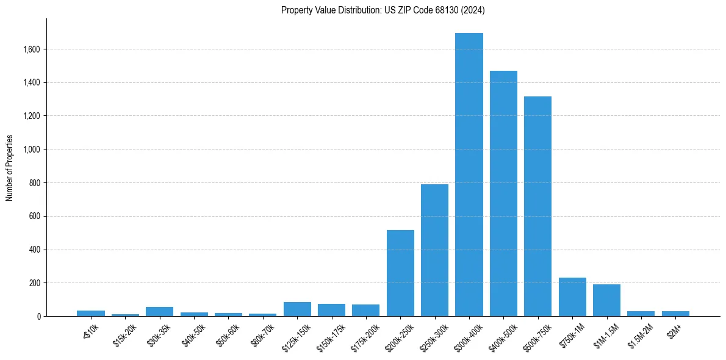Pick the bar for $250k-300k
click(434, 250)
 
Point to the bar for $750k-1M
click(572, 297)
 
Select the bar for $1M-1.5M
click(606, 300)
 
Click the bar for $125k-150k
click(297, 309)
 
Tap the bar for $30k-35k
click(159, 311)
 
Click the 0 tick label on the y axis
click(38, 317)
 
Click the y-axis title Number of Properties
click(9, 168)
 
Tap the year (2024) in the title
click(473, 10)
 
